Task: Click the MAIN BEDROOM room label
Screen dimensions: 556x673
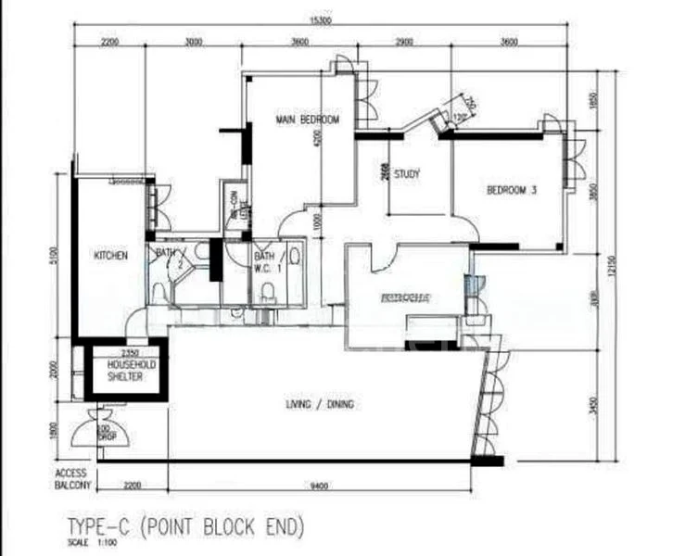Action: (307, 120)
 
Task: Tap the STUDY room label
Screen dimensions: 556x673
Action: (407, 173)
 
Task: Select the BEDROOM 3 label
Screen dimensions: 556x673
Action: (512, 192)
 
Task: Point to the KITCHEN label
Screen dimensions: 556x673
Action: (110, 255)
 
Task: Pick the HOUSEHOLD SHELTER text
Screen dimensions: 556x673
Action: (124, 371)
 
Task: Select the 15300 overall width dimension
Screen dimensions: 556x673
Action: (337, 23)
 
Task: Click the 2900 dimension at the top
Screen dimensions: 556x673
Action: (401, 43)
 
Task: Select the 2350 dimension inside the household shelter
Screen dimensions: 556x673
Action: (123, 352)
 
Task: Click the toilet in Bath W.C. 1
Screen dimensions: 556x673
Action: (267, 294)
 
